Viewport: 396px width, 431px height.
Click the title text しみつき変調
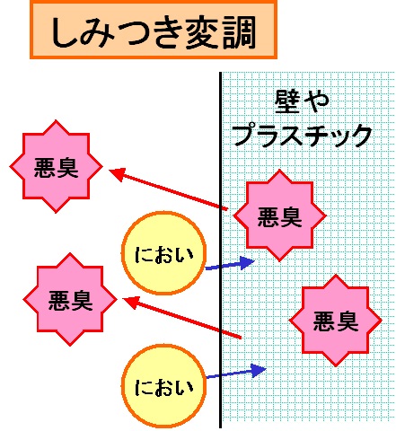click(x=154, y=32)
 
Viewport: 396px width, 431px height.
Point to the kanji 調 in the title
click(x=240, y=32)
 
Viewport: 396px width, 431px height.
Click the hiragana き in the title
click(x=167, y=32)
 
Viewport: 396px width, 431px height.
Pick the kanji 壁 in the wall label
click(x=287, y=101)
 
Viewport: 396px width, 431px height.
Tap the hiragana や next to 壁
click(x=317, y=101)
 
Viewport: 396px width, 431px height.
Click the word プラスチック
click(x=303, y=136)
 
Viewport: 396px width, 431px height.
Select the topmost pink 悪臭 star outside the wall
click(x=57, y=166)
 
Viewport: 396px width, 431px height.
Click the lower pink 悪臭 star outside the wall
click(x=70, y=299)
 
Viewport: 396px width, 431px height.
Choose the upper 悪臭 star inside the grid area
click(x=279, y=215)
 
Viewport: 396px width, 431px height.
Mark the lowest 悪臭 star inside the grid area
click(x=335, y=321)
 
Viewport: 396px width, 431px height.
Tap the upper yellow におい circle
click(x=163, y=253)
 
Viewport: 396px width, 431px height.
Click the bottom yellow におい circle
click(x=163, y=386)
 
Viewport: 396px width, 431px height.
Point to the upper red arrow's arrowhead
click(x=116, y=173)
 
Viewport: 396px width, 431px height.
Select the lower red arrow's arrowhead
click(x=130, y=302)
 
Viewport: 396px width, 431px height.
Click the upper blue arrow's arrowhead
click(x=247, y=263)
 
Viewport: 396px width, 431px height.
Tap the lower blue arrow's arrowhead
click(x=258, y=370)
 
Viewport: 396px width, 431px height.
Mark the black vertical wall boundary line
click(x=221, y=251)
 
